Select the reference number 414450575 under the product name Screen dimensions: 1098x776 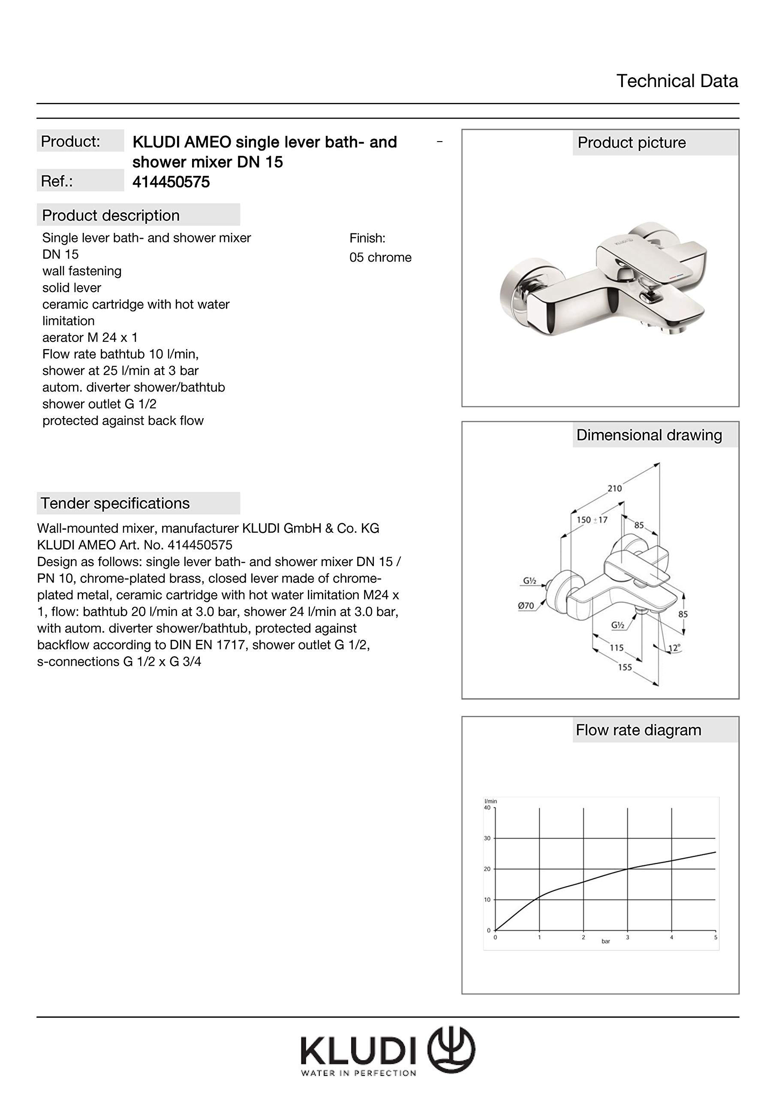(171, 182)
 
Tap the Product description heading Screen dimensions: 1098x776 (111, 215)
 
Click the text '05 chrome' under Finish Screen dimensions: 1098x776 (380, 257)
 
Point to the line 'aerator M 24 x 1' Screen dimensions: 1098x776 (90, 338)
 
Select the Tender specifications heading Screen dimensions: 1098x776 (115, 503)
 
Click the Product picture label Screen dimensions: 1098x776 (631, 142)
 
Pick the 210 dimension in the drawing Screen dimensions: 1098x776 (614, 488)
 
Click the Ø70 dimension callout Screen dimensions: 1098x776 (526, 606)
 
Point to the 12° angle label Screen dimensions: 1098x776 (674, 649)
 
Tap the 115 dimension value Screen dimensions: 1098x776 (617, 648)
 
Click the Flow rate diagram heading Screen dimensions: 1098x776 (638, 730)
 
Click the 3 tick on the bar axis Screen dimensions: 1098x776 (627, 938)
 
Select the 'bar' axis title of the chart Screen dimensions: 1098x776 (606, 941)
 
